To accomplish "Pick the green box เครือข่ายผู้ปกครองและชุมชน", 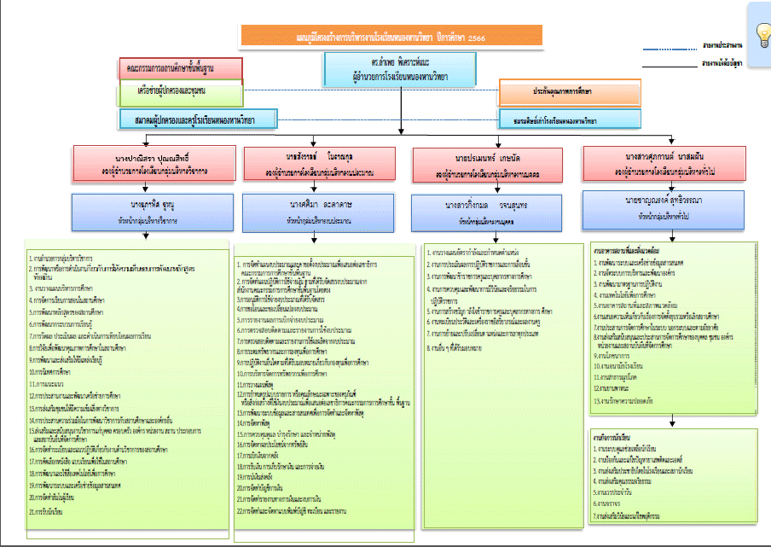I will pos(181,90).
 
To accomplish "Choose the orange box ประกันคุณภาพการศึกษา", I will pos(570,90).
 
